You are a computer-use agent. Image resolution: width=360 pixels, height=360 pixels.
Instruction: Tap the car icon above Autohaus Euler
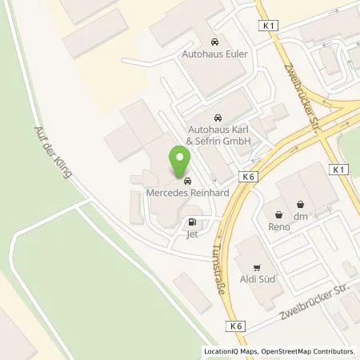214,42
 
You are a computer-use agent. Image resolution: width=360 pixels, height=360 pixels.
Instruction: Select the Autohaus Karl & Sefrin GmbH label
219,135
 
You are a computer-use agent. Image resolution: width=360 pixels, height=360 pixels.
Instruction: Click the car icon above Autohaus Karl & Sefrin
218,116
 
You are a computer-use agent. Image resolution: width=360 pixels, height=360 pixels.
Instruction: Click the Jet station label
192,235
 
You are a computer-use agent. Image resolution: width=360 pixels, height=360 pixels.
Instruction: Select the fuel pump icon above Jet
192,223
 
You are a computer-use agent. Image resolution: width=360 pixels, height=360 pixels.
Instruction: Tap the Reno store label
278,226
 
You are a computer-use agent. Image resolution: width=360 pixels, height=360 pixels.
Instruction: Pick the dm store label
301,215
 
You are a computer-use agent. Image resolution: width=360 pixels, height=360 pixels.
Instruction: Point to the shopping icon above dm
301,203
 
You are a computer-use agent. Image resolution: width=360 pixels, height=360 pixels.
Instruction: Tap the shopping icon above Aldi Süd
257,267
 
